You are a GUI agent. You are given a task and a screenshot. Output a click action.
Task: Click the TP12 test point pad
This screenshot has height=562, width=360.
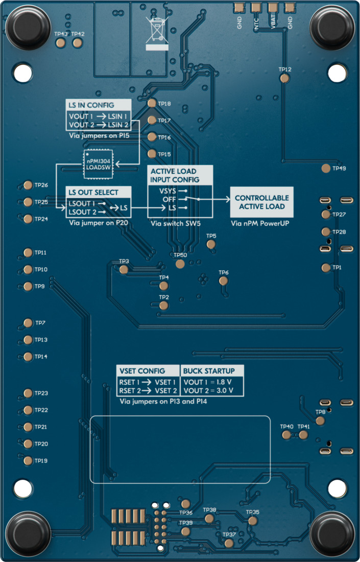[284, 78]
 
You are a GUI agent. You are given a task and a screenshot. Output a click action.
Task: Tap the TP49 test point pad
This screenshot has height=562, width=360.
[326, 168]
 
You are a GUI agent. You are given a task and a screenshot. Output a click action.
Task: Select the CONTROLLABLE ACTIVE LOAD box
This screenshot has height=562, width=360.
[261, 202]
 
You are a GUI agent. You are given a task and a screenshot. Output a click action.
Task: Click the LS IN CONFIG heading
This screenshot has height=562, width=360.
[91, 105]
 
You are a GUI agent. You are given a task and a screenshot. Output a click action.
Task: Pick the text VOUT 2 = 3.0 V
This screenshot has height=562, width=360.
[208, 390]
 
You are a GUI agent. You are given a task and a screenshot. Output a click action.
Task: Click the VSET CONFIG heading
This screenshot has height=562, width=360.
[141, 371]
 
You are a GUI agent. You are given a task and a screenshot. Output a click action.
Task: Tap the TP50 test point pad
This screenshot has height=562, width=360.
[180, 264]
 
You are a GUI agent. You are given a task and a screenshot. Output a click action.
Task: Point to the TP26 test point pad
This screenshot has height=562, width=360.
[28, 185]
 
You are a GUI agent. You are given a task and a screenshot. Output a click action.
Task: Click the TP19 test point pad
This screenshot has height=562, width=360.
[28, 461]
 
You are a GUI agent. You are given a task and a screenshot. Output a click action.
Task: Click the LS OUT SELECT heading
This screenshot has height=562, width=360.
[93, 193]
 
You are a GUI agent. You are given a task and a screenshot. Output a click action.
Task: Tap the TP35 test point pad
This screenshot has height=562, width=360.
[252, 521]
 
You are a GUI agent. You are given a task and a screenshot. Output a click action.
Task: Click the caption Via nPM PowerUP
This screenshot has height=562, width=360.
[260, 224]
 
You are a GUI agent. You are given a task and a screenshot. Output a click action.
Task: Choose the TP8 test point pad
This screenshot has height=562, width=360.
[320, 420]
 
